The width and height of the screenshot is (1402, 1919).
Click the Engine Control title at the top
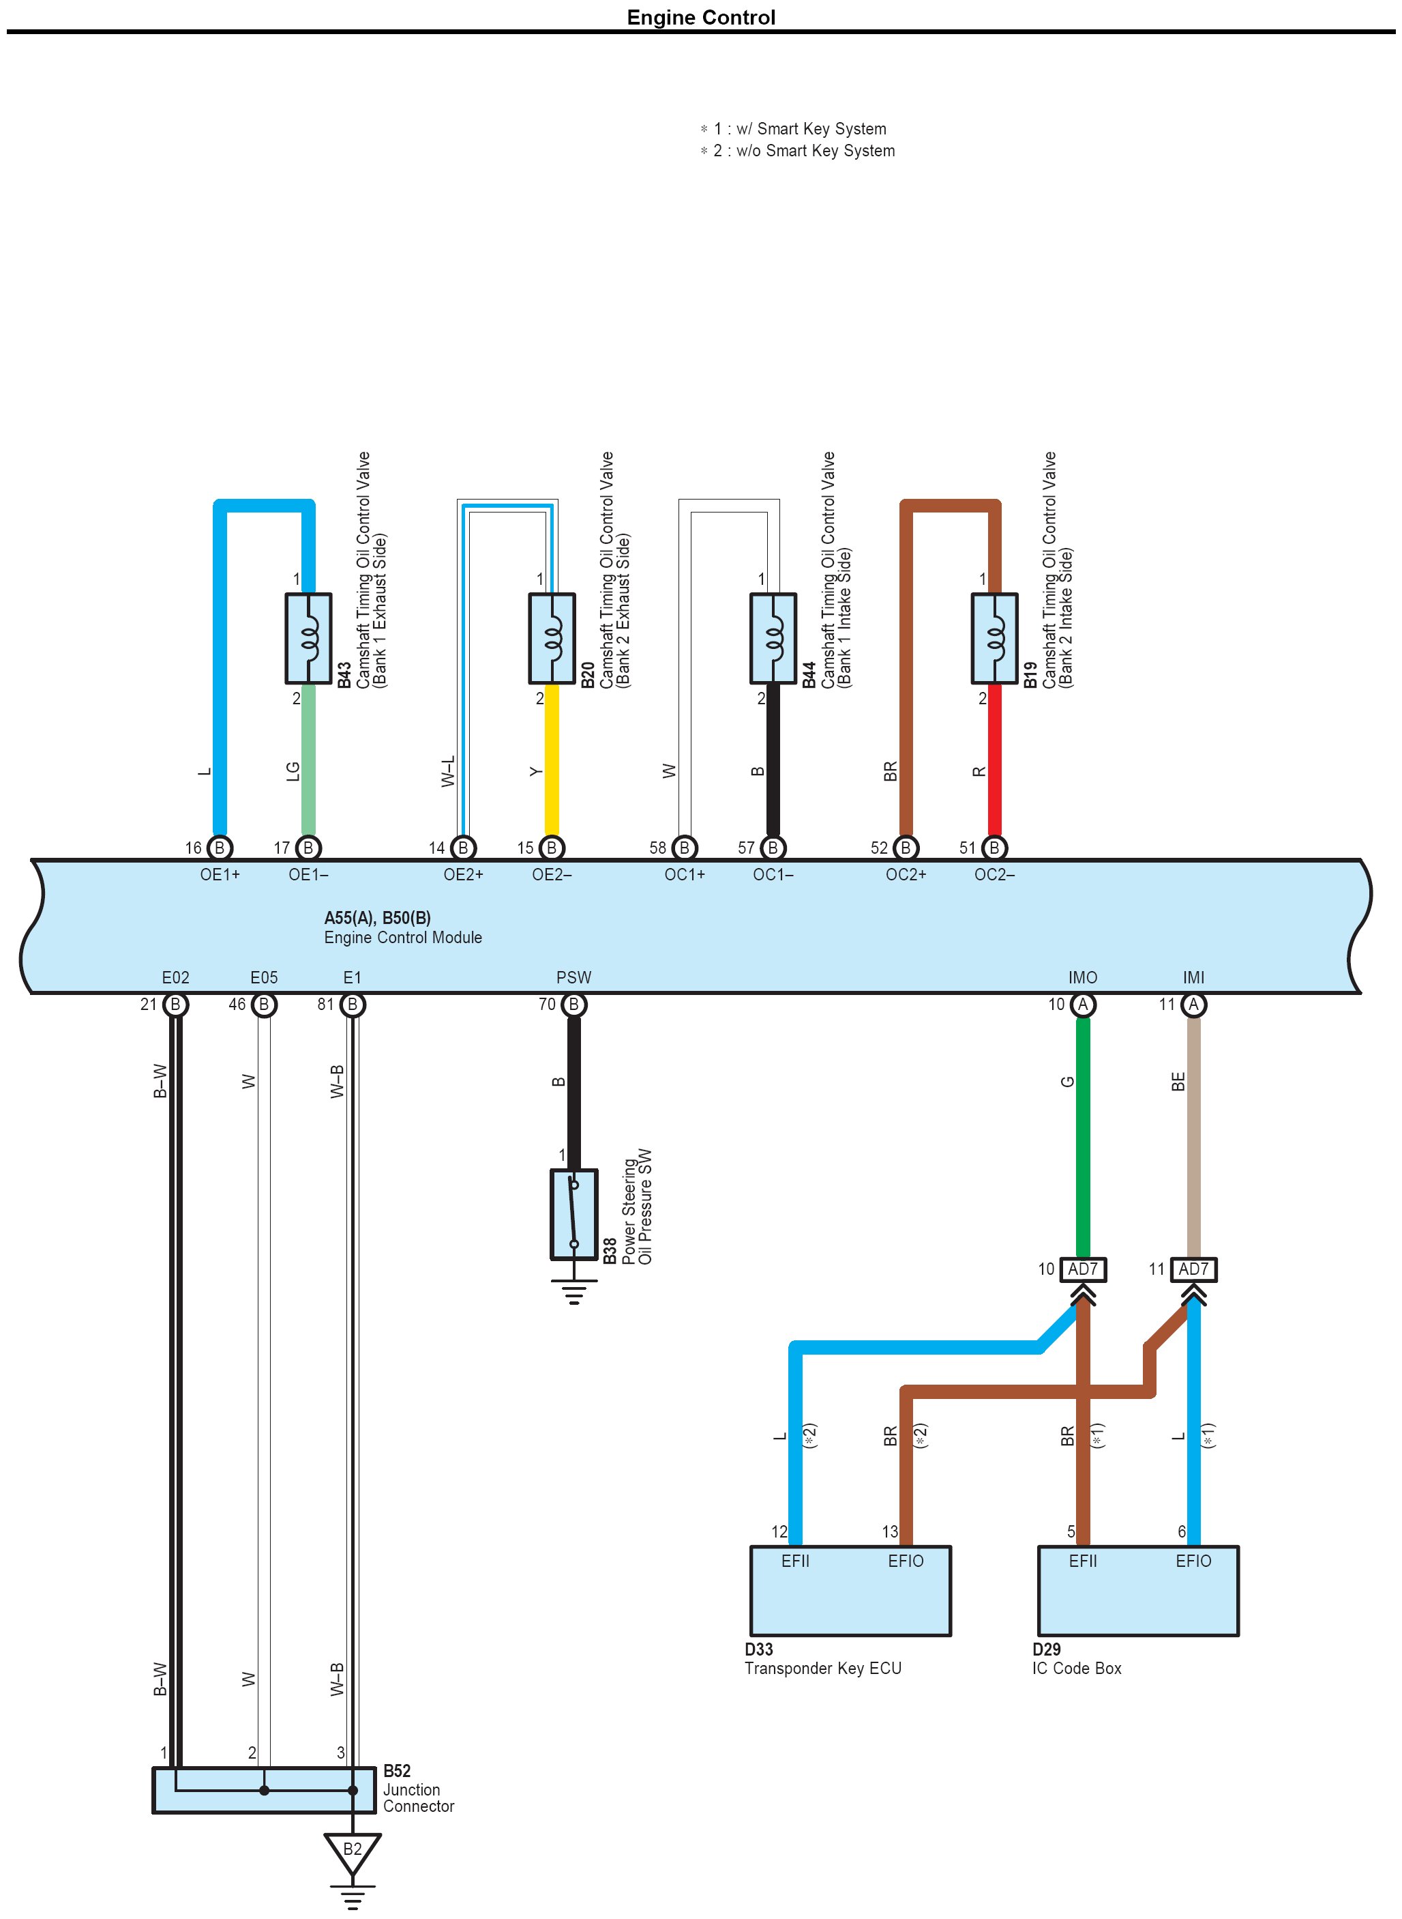(700, 18)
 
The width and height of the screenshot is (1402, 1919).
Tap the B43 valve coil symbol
(308, 637)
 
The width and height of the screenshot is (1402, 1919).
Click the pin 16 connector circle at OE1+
(220, 848)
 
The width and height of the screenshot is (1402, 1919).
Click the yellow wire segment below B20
(551, 760)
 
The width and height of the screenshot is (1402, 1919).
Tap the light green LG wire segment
(308, 760)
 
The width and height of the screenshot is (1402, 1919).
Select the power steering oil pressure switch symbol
(573, 1213)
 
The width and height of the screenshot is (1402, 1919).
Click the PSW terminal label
(573, 977)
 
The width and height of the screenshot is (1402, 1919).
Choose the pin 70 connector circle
(573, 1005)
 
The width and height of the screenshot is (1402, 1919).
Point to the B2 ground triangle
(352, 1850)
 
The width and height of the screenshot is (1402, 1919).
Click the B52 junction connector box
(264, 1791)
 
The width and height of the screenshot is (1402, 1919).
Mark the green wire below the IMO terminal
(1083, 1138)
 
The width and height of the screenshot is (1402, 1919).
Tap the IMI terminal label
(1193, 977)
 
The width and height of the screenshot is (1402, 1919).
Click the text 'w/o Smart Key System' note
(815, 150)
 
